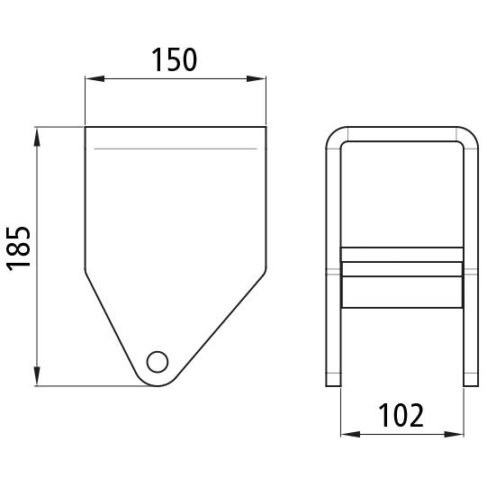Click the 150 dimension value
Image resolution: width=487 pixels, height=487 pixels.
[x=174, y=59]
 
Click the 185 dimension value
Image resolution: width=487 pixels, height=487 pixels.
[x=19, y=248]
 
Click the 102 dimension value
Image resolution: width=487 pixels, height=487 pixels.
[x=401, y=415]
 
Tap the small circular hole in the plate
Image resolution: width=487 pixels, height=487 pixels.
[x=158, y=362]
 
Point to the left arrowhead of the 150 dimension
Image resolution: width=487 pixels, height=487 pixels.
[x=95, y=78]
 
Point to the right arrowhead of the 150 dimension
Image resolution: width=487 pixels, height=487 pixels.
[x=257, y=78]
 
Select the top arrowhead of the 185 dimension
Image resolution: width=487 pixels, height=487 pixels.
[x=37, y=137]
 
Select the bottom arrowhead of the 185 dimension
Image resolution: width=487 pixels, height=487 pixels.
[x=37, y=376]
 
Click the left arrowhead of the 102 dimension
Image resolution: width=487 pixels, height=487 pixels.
[x=350, y=434]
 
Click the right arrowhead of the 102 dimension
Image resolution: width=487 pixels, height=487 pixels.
[x=454, y=434]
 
